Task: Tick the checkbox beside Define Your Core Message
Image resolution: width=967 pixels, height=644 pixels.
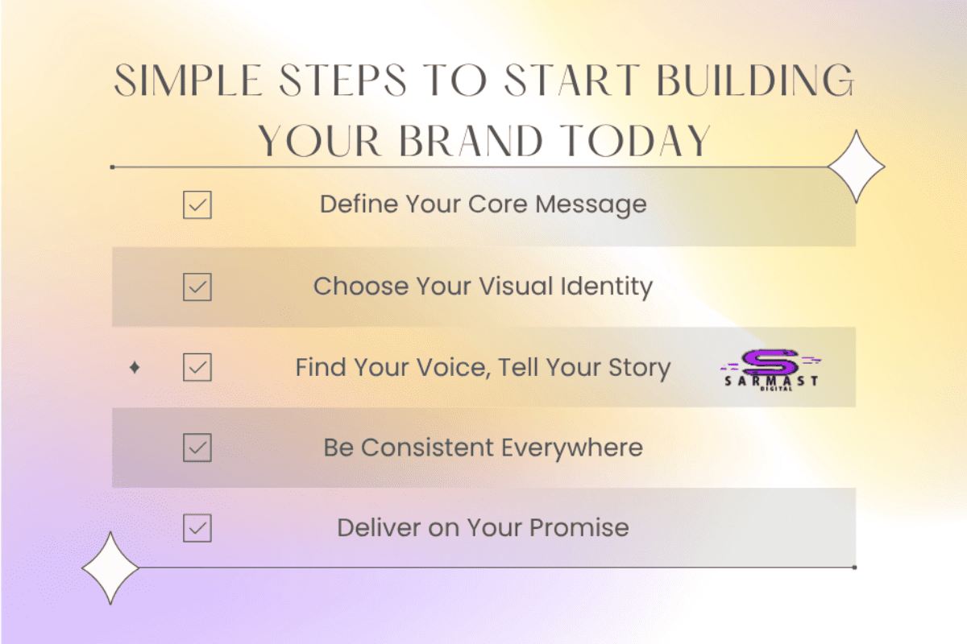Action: tap(197, 206)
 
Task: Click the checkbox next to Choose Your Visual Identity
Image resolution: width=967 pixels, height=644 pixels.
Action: tap(197, 287)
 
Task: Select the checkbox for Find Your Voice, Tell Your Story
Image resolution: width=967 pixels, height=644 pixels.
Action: tap(197, 368)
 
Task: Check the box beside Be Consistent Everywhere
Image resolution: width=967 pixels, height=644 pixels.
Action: tap(197, 448)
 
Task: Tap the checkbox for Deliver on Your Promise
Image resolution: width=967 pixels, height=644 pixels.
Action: tap(197, 529)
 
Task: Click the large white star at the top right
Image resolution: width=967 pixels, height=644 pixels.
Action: tap(856, 167)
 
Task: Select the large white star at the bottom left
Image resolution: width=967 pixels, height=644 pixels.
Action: tap(111, 568)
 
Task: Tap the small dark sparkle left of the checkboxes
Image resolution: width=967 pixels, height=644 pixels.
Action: tap(135, 368)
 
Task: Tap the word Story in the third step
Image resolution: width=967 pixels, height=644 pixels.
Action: tap(640, 368)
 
